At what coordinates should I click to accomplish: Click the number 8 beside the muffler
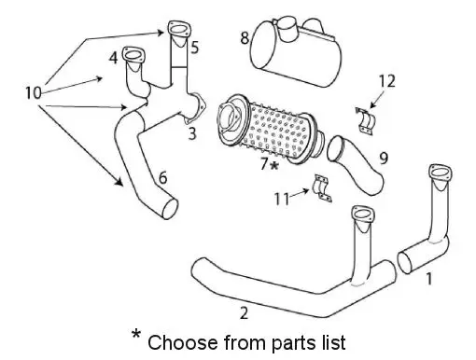coord(245,38)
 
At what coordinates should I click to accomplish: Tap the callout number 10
coord(33,92)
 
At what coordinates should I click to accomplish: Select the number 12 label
coord(387,81)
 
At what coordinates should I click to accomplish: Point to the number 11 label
coord(282,199)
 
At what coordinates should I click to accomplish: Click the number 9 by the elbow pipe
coord(384,158)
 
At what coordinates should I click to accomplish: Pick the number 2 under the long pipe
coord(244,313)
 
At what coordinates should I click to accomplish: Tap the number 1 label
coord(429,279)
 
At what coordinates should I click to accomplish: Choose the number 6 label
coord(162,178)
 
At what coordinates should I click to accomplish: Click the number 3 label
coord(192,133)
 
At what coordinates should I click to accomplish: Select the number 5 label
coord(194,48)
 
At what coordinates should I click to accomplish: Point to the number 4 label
coord(113,58)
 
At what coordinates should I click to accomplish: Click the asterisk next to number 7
coord(274,165)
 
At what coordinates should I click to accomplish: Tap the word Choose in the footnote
coord(183,342)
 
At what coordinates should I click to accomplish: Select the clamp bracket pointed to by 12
coord(365,121)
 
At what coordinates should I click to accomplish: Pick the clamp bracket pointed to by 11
coord(322,188)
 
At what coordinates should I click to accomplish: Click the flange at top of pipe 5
coord(178,29)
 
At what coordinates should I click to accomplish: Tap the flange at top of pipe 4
coord(133,55)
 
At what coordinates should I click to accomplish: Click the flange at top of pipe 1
coord(440,173)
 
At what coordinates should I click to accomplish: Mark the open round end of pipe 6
coord(170,209)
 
